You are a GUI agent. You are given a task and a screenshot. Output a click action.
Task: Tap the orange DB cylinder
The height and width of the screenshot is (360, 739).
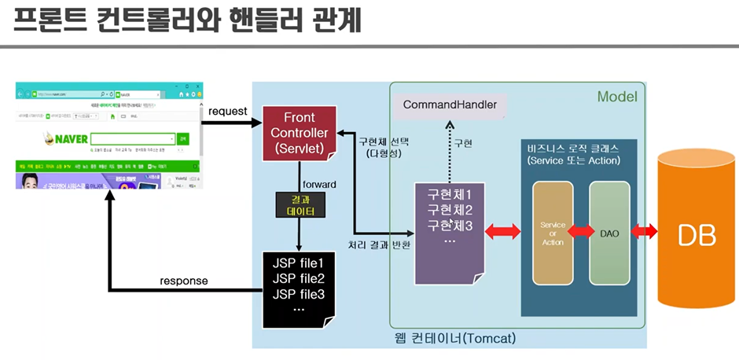[x=697, y=233]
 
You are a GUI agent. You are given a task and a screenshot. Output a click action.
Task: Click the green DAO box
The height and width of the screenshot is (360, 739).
[x=609, y=233]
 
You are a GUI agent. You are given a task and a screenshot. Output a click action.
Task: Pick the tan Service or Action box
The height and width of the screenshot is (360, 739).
[x=553, y=233]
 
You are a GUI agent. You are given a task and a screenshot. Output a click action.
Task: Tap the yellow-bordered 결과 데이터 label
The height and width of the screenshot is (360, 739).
[x=300, y=205]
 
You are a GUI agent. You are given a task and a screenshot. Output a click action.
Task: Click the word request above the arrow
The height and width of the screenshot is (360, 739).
[x=228, y=112]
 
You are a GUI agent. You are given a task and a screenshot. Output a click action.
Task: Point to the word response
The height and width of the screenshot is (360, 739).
[x=184, y=281]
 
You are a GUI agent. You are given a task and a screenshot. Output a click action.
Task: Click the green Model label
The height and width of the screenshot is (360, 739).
[x=617, y=97]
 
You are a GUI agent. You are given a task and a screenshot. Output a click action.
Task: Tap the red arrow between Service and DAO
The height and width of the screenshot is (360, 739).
[x=581, y=231]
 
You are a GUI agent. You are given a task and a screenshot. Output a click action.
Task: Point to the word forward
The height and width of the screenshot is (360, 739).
[x=319, y=184]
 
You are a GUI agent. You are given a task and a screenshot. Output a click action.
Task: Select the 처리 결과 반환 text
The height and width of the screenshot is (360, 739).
[x=380, y=244]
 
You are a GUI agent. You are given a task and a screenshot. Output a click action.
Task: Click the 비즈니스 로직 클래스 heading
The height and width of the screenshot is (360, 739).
[x=574, y=148]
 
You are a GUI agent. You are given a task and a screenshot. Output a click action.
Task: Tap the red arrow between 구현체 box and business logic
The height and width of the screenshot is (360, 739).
[x=503, y=231]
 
